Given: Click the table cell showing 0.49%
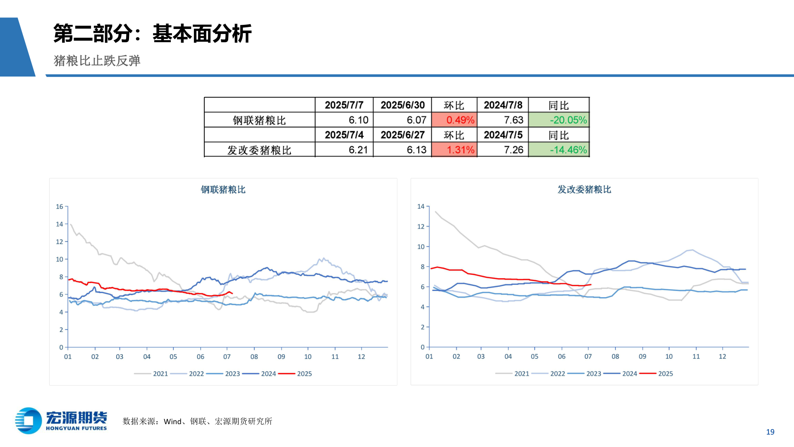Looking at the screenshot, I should pyautogui.click(x=454, y=120).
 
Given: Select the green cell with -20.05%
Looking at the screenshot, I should pyautogui.click(x=559, y=120).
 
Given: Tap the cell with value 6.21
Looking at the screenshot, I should pyautogui.click(x=344, y=150).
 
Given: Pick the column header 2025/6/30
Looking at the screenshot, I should pyautogui.click(x=402, y=105).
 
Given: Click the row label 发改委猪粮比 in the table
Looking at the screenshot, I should pyautogui.click(x=259, y=150).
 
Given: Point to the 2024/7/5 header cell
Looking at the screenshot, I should pyautogui.click(x=503, y=135).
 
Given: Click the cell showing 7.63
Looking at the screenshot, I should pyautogui.click(x=503, y=120).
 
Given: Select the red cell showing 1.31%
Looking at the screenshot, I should pyautogui.click(x=454, y=150).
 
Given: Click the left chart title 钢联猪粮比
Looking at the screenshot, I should pyautogui.click(x=223, y=190).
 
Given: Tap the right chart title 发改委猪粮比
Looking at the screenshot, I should pyautogui.click(x=584, y=190).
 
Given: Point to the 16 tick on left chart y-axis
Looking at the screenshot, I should pyautogui.click(x=60, y=207).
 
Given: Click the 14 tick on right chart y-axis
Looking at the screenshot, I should pyautogui.click(x=421, y=207).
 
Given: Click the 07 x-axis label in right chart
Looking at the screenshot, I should pyautogui.click(x=588, y=356).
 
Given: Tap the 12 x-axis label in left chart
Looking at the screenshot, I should pyautogui.click(x=361, y=356).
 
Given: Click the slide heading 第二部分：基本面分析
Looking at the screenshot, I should pyautogui.click(x=152, y=33).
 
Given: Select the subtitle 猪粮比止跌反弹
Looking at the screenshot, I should pyautogui.click(x=97, y=61).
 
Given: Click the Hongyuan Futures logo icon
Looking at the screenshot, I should pyautogui.click(x=28, y=421).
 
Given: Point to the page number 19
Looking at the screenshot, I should pyautogui.click(x=770, y=432).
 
